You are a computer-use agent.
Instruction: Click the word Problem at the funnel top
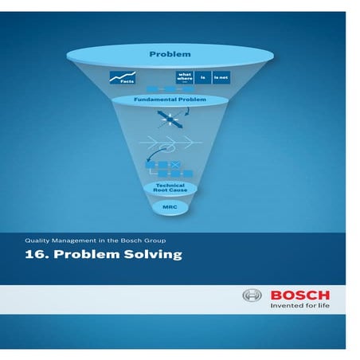tap(170, 54)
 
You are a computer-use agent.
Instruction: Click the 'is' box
tap(204, 77)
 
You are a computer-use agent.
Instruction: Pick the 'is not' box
tap(221, 77)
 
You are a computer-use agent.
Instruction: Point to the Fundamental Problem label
tap(170, 100)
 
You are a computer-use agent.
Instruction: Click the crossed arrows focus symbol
tap(170, 119)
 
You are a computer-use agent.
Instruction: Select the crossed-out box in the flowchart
tap(176, 166)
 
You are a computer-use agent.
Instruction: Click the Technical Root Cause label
tap(170, 188)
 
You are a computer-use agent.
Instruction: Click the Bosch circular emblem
tap(252, 296)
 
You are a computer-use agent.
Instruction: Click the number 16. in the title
tap(34, 255)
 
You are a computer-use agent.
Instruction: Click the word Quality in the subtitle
tap(37, 237)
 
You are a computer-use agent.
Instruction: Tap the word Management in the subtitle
tap(78, 237)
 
